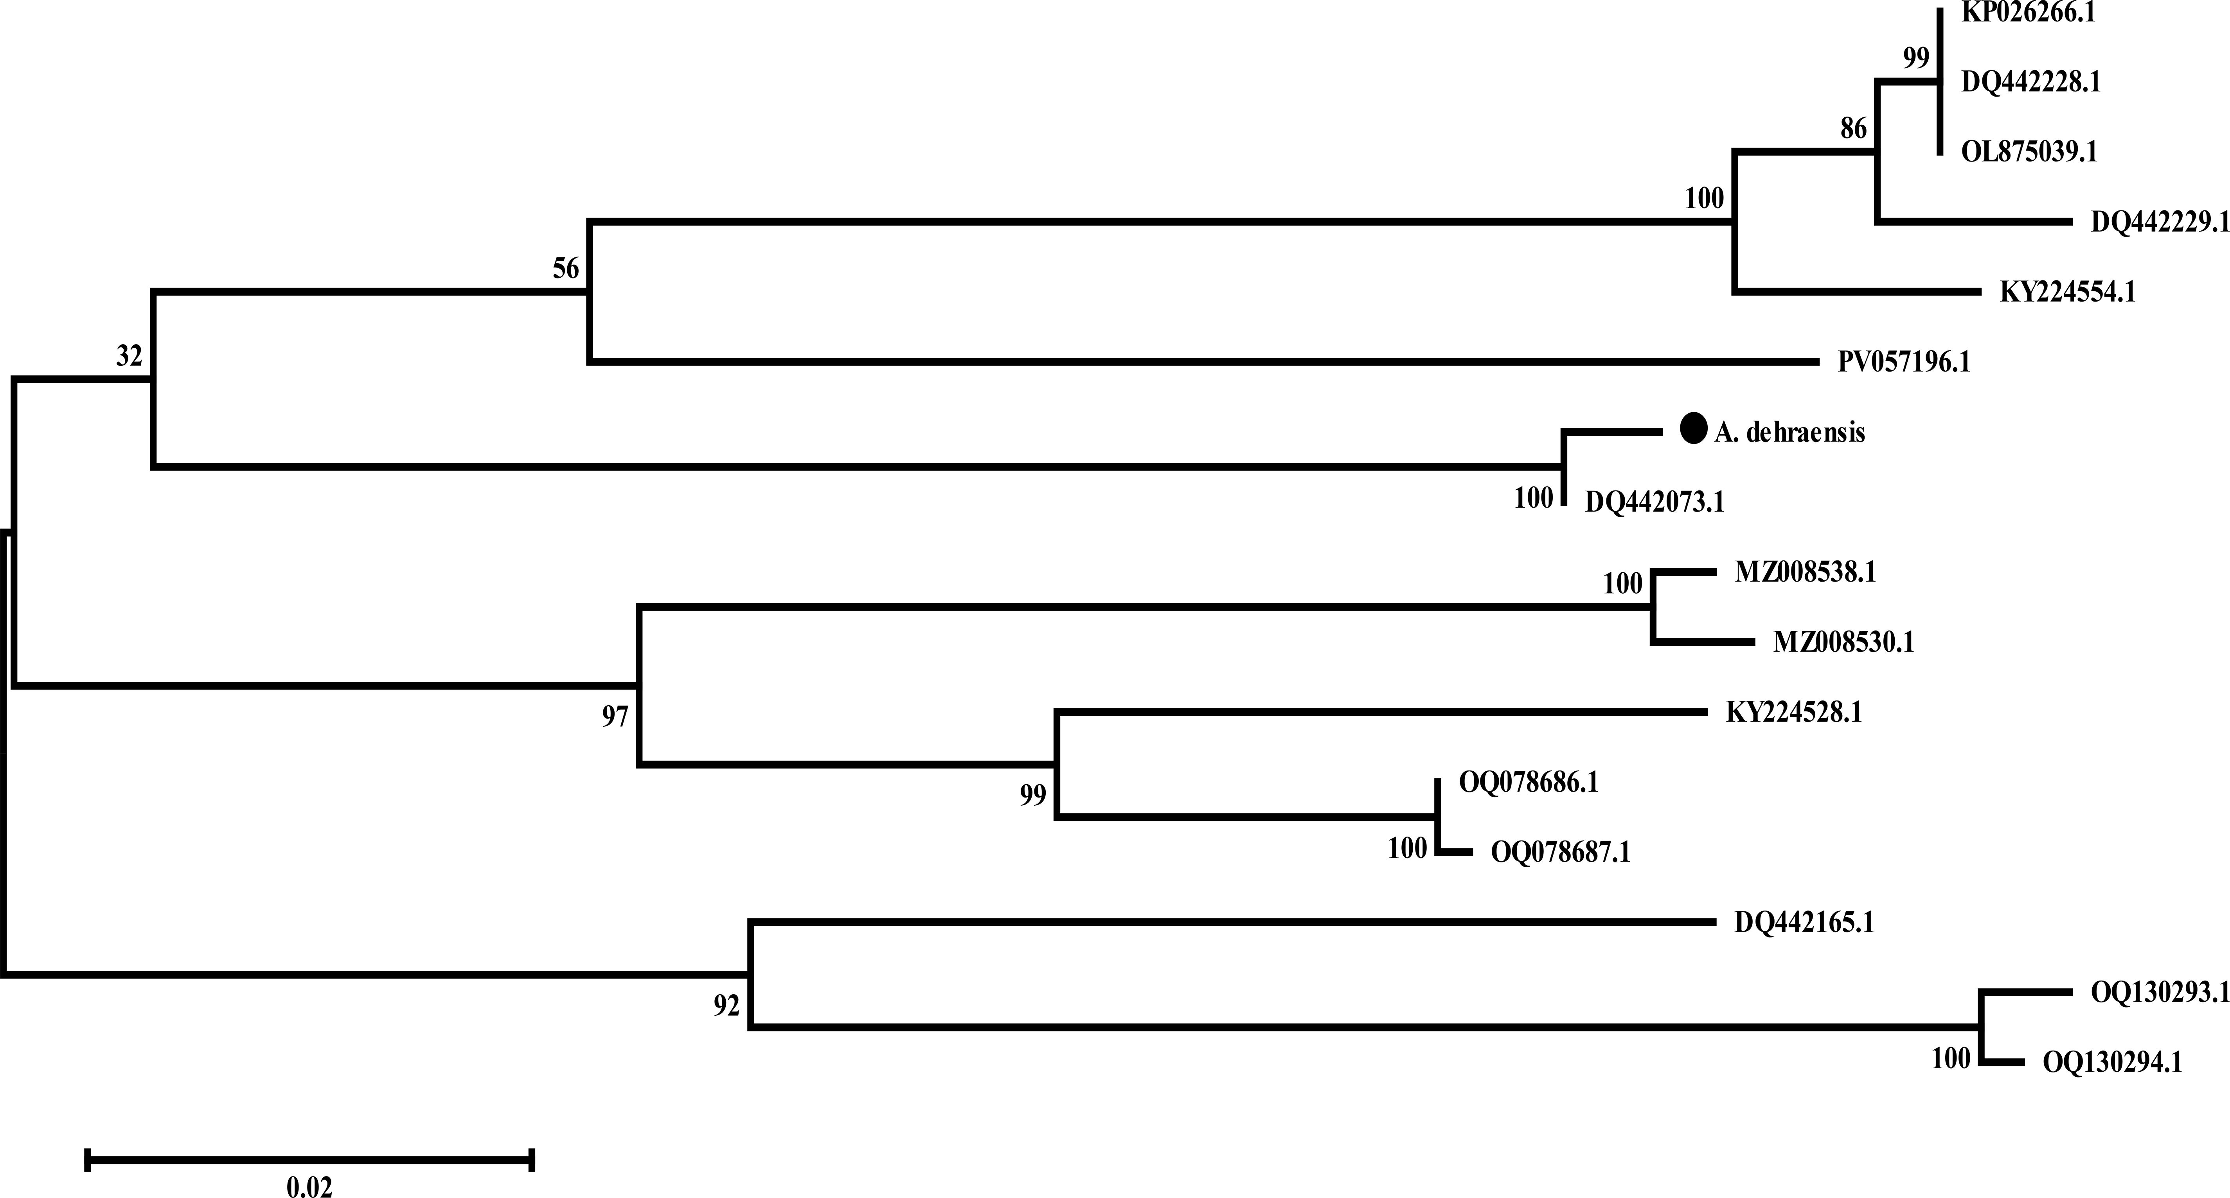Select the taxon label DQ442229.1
click(x=2159, y=223)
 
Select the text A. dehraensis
click(x=1789, y=432)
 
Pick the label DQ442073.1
click(x=1655, y=502)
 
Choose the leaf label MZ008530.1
click(x=1843, y=642)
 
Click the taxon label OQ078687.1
click(x=1560, y=853)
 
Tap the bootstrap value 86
click(x=1853, y=129)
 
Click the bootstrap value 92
click(x=726, y=1006)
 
